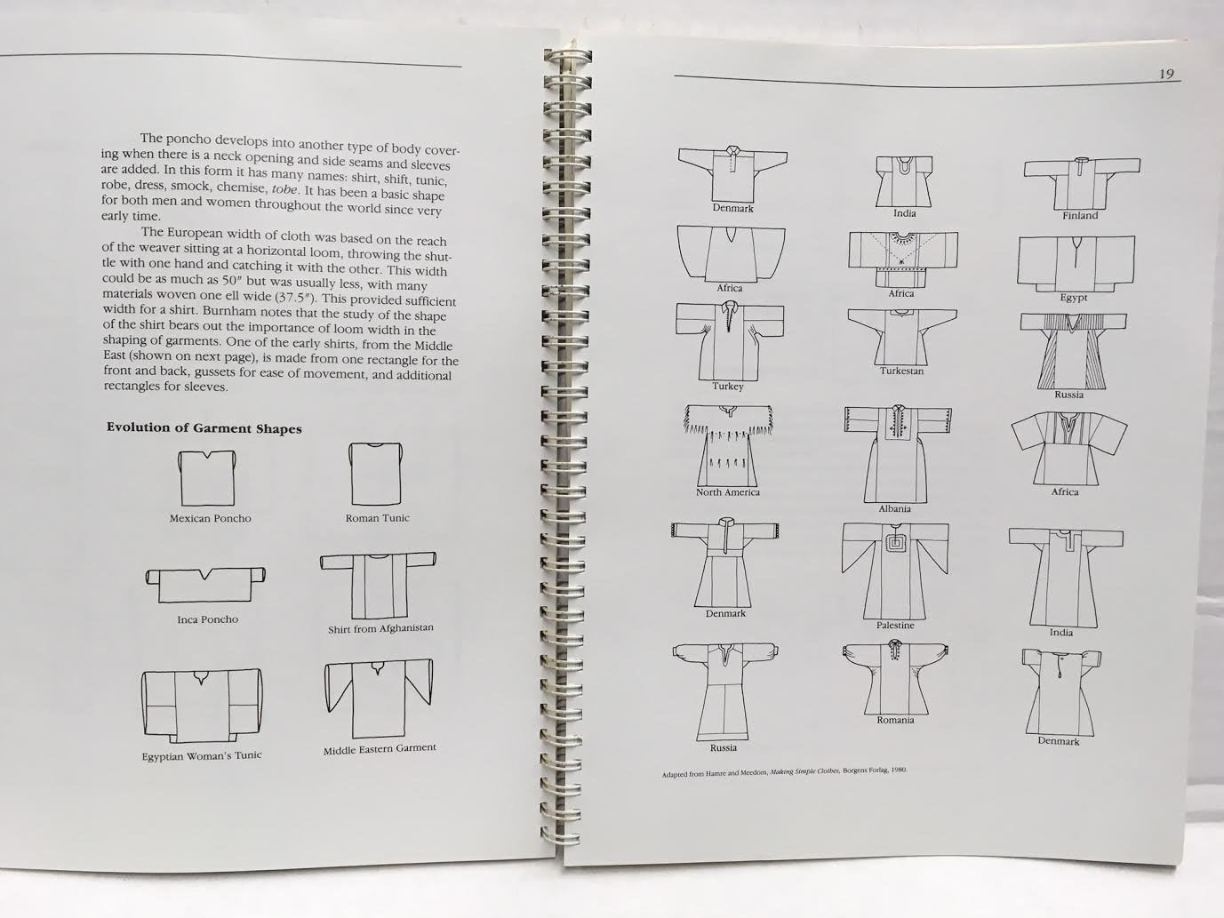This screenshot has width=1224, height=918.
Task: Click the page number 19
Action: [1166, 74]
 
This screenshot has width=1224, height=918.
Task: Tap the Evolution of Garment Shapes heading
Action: [204, 428]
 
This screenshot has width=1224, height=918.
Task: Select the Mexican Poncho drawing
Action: [207, 478]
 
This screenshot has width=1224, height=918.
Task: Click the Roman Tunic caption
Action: [377, 518]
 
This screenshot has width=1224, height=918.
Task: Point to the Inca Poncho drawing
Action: [205, 585]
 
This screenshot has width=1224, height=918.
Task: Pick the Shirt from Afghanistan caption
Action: [380, 628]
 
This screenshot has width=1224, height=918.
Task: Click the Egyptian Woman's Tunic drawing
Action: [201, 706]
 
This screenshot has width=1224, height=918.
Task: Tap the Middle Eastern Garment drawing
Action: [379, 699]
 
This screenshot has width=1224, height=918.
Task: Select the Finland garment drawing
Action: [1082, 183]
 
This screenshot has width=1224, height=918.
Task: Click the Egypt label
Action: [1074, 297]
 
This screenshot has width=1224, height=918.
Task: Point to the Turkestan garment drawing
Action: [901, 337]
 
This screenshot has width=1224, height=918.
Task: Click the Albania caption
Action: [894, 508]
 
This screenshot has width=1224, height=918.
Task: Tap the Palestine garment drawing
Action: [895, 571]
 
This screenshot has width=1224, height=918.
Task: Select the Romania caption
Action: [895, 720]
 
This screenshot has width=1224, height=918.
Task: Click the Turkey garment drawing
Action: [730, 340]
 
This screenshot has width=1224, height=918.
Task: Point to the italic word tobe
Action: [285, 189]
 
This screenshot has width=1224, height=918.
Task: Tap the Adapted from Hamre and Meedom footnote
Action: [785, 772]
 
